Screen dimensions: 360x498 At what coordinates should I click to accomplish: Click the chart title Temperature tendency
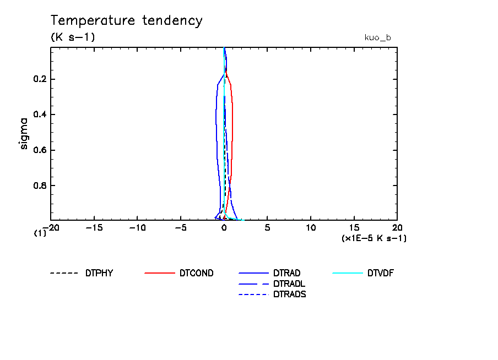pyautogui.click(x=127, y=21)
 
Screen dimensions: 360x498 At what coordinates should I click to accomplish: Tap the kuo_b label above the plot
pyautogui.click(x=377, y=37)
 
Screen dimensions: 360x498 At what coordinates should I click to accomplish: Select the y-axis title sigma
pyautogui.click(x=24, y=133)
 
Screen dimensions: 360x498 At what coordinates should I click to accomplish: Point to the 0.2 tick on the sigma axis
pyautogui.click(x=40, y=79)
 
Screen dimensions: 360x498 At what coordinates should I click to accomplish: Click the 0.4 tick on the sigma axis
pyautogui.click(x=40, y=114)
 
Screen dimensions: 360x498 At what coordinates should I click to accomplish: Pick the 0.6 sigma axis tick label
pyautogui.click(x=40, y=150)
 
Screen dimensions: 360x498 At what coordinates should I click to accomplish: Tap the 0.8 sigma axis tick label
pyautogui.click(x=40, y=186)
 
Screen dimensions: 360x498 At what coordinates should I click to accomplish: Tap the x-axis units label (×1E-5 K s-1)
pyautogui.click(x=374, y=238)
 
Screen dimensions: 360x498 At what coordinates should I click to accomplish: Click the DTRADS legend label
pyautogui.click(x=289, y=294)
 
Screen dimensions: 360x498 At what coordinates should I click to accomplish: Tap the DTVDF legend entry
pyautogui.click(x=381, y=273)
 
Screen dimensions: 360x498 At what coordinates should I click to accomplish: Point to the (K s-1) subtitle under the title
pyautogui.click(x=73, y=37)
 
